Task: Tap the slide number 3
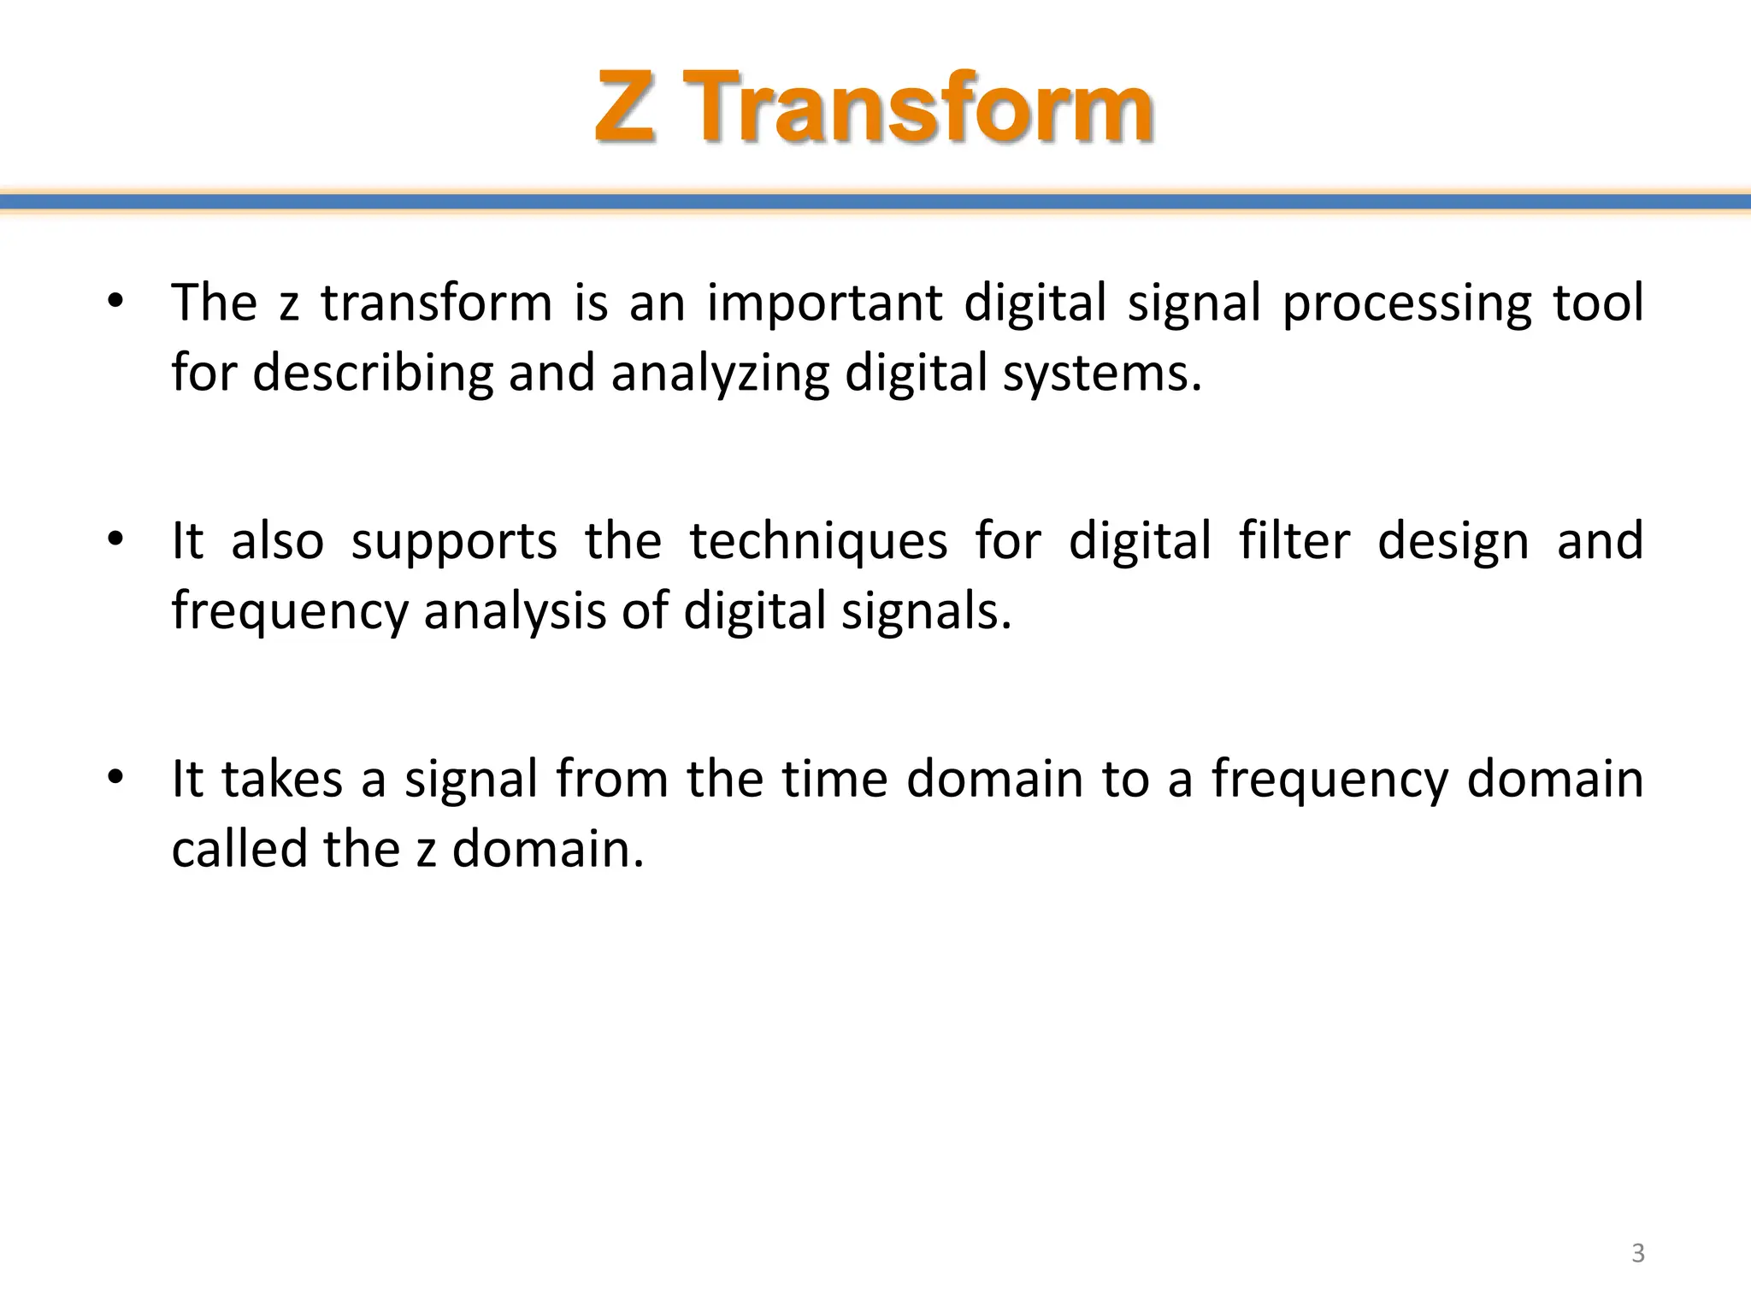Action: pyautogui.click(x=1637, y=1253)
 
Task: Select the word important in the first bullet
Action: pyautogui.click(x=824, y=303)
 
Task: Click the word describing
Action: pyautogui.click(x=373, y=374)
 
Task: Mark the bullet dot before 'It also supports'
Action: pyautogui.click(x=116, y=539)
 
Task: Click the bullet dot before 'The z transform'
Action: pyautogui.click(x=116, y=302)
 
